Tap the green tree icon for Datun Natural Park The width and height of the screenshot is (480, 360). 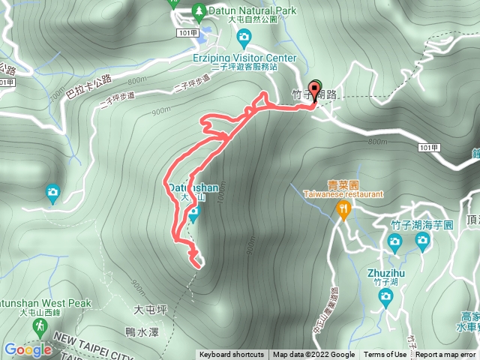[199, 10]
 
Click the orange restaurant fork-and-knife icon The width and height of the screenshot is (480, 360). [343, 210]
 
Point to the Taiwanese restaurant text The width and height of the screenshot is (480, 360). [343, 193]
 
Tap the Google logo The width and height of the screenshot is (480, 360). [28, 349]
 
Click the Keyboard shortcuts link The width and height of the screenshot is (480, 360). [231, 355]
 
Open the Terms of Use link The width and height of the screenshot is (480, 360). [385, 355]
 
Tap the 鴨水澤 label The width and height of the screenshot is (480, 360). [140, 330]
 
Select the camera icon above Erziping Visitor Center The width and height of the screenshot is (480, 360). [243, 37]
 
